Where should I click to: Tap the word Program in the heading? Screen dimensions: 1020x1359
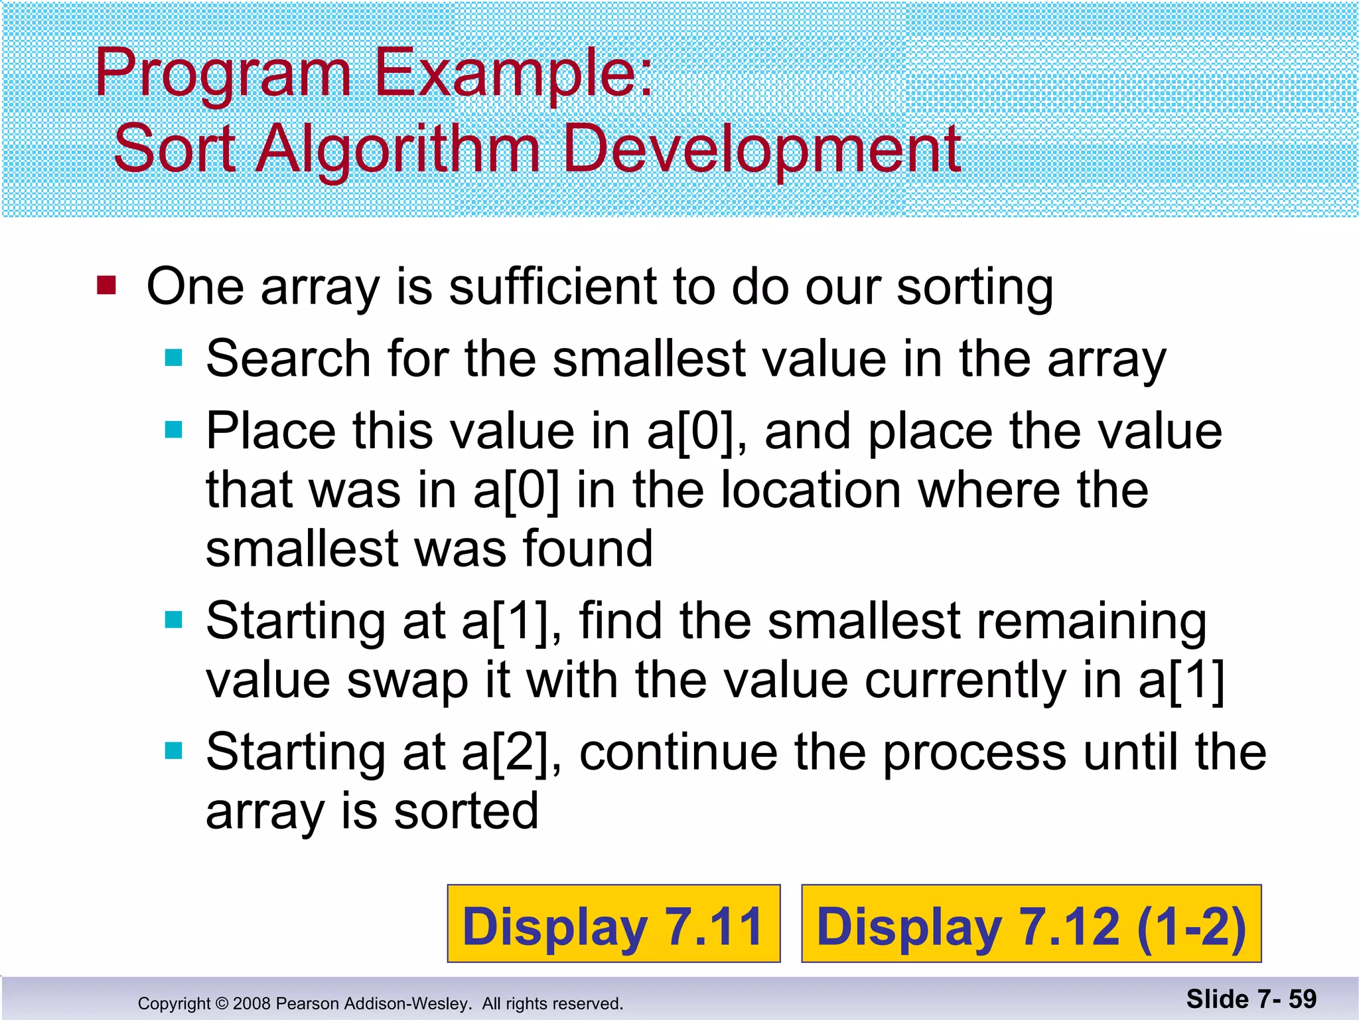pyautogui.click(x=222, y=74)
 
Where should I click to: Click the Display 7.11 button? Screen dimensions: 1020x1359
pyautogui.click(x=614, y=924)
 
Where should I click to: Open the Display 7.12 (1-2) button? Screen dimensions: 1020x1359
pyautogui.click(x=1031, y=924)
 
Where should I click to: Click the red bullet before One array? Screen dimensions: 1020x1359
pyautogui.click(x=106, y=286)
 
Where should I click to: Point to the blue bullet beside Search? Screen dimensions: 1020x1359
pyautogui.click(x=174, y=358)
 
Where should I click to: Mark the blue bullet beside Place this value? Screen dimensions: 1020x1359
pyautogui.click(x=174, y=430)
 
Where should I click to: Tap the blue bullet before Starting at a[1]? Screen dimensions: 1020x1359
pyautogui.click(x=174, y=620)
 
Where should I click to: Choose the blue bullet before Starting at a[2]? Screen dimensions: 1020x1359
pyautogui.click(x=174, y=751)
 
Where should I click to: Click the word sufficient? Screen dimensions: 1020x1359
pyautogui.click(x=553, y=287)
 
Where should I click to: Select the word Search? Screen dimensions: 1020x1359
pyautogui.click(x=288, y=359)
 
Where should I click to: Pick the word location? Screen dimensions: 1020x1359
pyautogui.click(x=811, y=490)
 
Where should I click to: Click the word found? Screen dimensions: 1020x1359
pyautogui.click(x=588, y=549)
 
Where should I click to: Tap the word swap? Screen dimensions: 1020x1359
pyautogui.click(x=407, y=682)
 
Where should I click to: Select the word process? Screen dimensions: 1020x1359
pyautogui.click(x=975, y=753)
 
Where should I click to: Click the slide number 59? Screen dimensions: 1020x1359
pyautogui.click(x=1303, y=999)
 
